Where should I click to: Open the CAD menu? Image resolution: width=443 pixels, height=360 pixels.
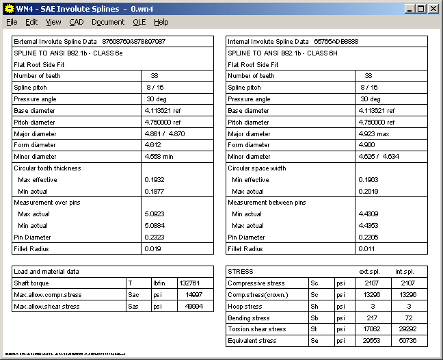[x=76, y=22]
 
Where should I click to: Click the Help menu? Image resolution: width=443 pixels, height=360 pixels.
[x=161, y=22]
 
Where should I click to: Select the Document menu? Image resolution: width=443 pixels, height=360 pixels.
[x=108, y=22]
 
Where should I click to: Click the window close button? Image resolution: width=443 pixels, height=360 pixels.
[x=433, y=9]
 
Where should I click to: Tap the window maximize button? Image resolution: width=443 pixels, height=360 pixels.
[x=422, y=9]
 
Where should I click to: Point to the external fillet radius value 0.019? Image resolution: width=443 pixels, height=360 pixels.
[x=152, y=248]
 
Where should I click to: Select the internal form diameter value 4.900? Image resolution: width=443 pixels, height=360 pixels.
[x=368, y=145]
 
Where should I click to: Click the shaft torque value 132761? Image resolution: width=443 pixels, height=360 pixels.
[x=190, y=283]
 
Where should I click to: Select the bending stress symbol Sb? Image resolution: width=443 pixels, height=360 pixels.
[x=314, y=317]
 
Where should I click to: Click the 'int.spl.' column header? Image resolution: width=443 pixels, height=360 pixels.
[x=410, y=271]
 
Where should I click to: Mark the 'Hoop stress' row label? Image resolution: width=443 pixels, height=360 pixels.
[x=246, y=306]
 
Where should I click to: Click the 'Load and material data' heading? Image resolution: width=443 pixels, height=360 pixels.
[x=46, y=271]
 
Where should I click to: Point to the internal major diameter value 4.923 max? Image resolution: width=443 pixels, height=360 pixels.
[x=374, y=133]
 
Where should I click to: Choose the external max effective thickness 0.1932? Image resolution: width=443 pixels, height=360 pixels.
[x=154, y=179]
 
